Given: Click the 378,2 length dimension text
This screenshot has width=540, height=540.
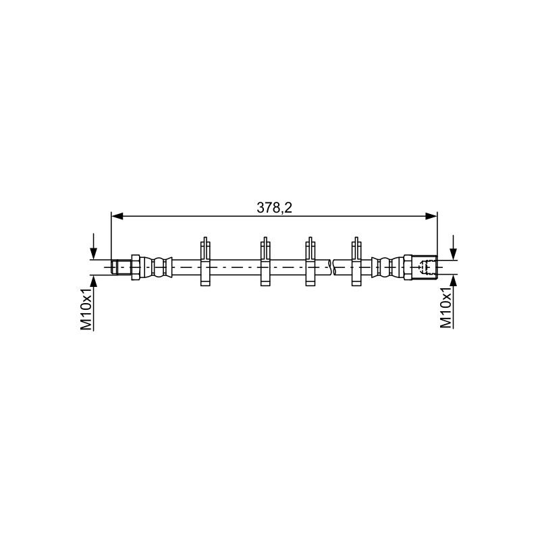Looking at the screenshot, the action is point(274,208).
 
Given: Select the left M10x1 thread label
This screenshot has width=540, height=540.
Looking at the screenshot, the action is point(86,309).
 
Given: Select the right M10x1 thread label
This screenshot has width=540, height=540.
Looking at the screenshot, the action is point(446,308).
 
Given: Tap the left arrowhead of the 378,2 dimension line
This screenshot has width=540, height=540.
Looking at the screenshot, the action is point(117,216).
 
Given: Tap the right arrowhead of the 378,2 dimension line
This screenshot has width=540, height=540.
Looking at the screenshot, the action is point(431,216).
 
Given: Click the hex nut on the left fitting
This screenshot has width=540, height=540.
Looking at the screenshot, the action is point(135,267).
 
